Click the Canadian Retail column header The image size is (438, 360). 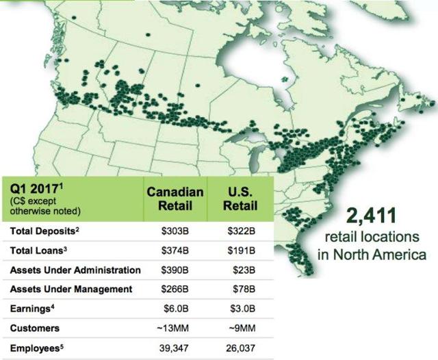pyautogui.click(x=175, y=199)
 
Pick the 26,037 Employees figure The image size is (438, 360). pyautogui.click(x=240, y=348)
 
